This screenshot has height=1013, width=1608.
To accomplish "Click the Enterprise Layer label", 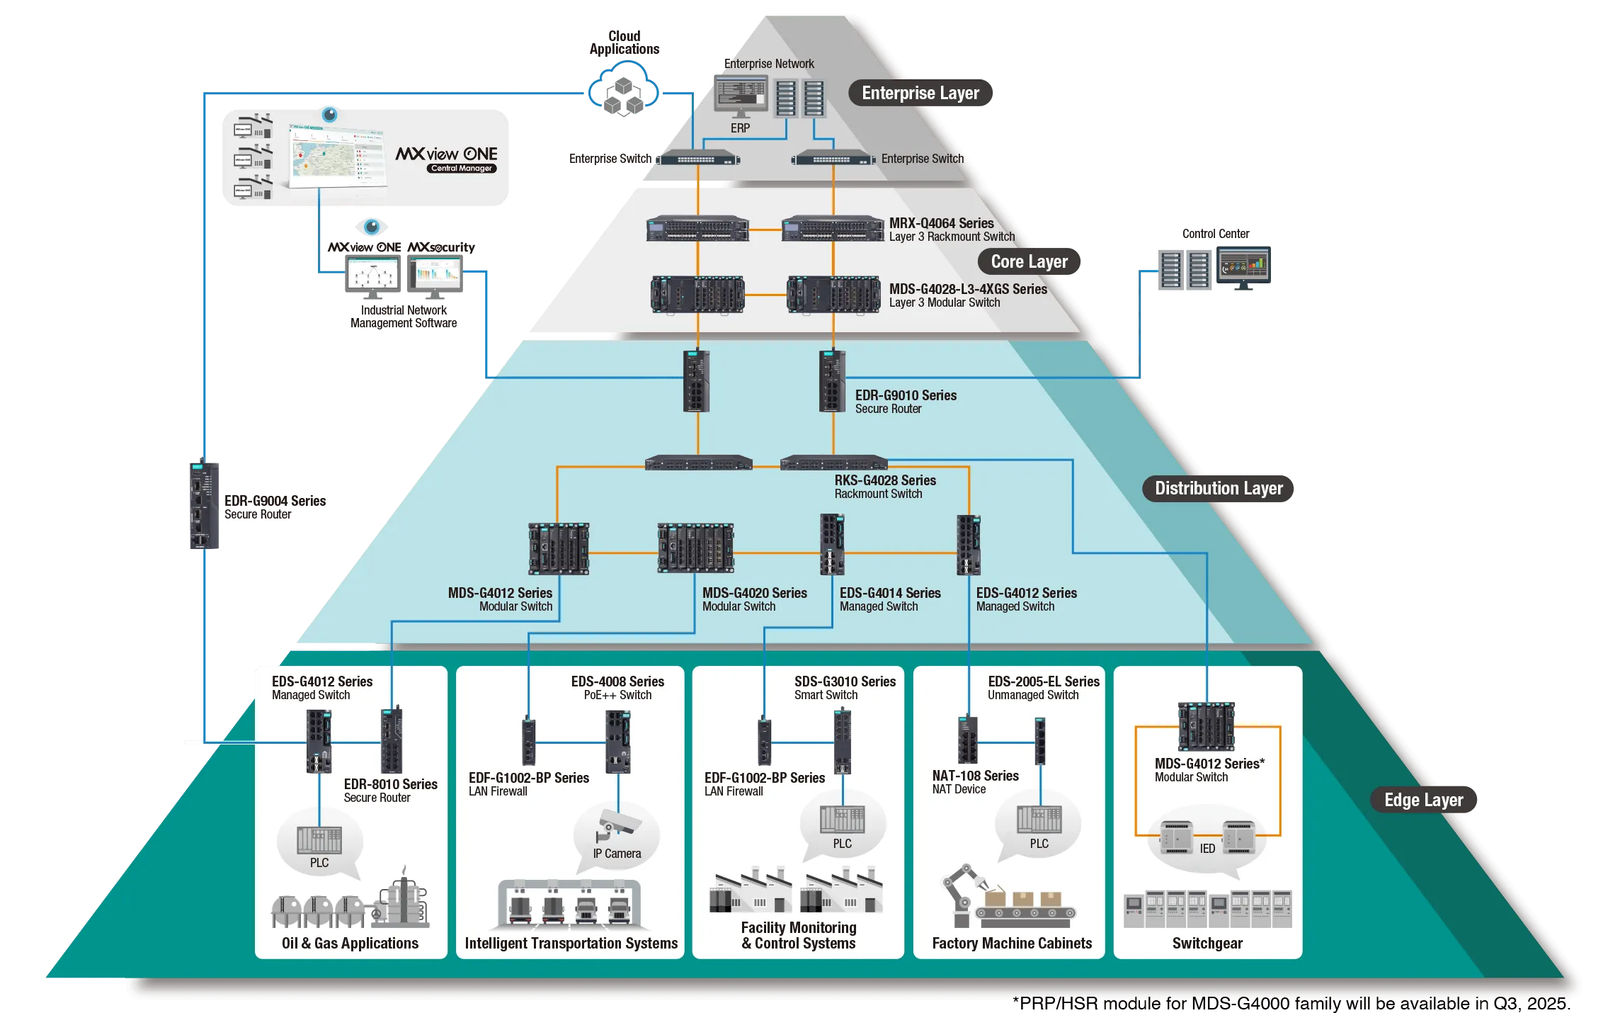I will [920, 93].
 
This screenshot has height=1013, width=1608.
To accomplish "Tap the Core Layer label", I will [1029, 261].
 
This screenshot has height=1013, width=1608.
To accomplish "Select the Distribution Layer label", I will [1219, 488].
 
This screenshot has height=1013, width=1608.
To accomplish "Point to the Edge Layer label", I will [1423, 800].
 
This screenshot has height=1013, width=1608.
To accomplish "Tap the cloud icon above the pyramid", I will [623, 89].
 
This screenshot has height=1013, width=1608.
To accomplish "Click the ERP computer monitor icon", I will [740, 97].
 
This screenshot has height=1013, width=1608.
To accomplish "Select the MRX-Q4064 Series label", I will [941, 223].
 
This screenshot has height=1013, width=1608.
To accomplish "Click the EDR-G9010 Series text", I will [906, 395].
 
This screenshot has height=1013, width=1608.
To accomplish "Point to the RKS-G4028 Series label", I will [885, 480].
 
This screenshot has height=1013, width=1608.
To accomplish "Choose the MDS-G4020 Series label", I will [754, 593].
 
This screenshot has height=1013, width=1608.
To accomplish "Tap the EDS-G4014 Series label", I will [890, 593].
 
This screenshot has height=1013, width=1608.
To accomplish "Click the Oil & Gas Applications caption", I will [350, 944].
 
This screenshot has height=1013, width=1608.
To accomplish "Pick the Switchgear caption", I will [1207, 944].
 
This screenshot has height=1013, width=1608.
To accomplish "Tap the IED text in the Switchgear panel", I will [1207, 849].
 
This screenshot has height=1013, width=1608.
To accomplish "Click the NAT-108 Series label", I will [975, 776].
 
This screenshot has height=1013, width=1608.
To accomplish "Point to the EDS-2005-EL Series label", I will [1044, 681].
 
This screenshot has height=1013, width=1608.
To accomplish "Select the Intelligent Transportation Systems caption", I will [571, 944].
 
